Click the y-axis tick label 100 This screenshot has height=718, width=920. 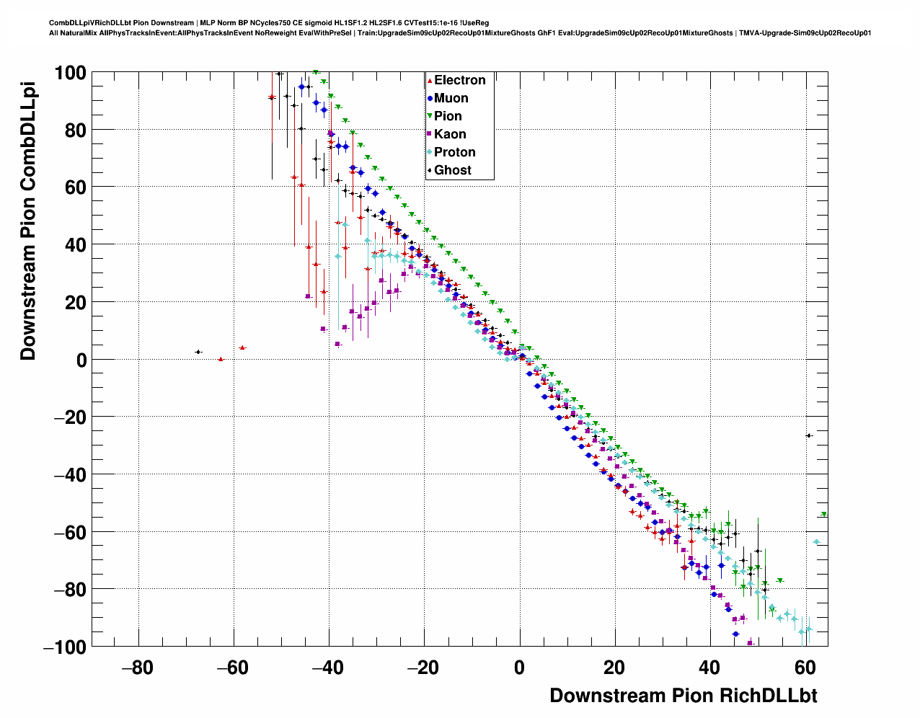70,73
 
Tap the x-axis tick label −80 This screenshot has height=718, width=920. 137,668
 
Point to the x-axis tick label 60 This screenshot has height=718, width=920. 805,668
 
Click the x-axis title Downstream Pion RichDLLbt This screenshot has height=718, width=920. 683,696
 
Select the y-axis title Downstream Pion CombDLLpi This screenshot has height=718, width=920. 28,221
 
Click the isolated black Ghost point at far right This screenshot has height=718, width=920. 809,435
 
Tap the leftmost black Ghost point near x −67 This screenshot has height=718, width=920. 198,352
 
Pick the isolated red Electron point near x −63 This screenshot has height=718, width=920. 221,359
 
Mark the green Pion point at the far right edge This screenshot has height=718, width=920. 824,514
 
